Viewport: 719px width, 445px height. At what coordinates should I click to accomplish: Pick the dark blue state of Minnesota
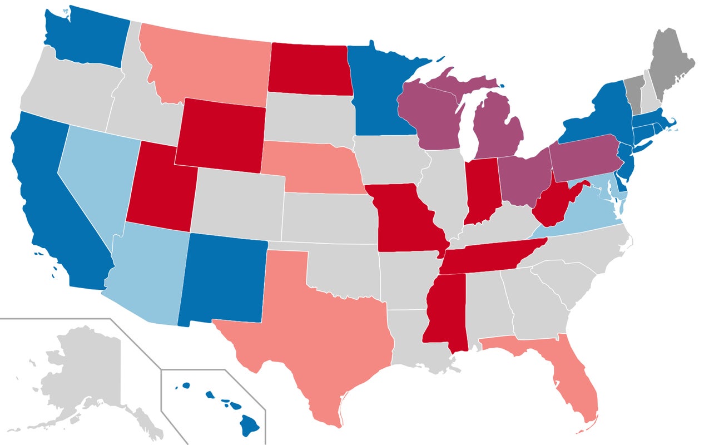click(378, 95)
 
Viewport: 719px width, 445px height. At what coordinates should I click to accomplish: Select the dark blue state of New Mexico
click(222, 278)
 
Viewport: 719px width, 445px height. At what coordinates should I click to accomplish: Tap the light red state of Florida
click(578, 384)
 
